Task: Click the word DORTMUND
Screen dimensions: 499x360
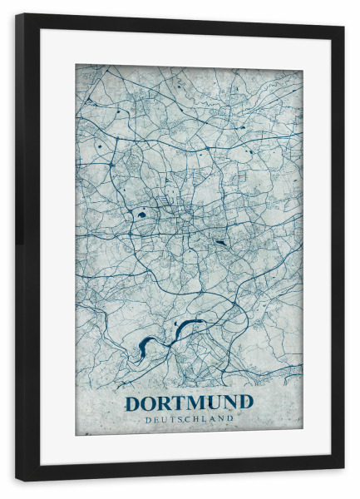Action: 189,403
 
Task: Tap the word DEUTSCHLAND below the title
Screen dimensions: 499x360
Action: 189,420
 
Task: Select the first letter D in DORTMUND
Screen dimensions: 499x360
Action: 133,403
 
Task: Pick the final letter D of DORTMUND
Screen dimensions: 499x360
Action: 244,403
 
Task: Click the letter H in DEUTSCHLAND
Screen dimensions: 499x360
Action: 200,420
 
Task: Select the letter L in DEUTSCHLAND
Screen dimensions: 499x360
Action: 209,420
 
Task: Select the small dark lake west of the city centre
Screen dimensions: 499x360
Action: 141,215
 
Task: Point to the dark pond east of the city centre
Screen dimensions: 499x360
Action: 219,242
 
